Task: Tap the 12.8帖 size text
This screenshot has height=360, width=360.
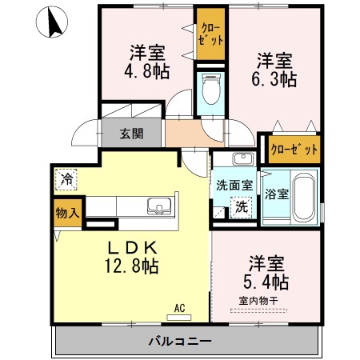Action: pos(131,266)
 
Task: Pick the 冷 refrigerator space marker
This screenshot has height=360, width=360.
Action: pos(67,178)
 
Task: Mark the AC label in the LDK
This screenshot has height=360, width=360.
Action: pos(179,306)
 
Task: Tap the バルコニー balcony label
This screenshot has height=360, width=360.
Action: pos(180,342)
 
